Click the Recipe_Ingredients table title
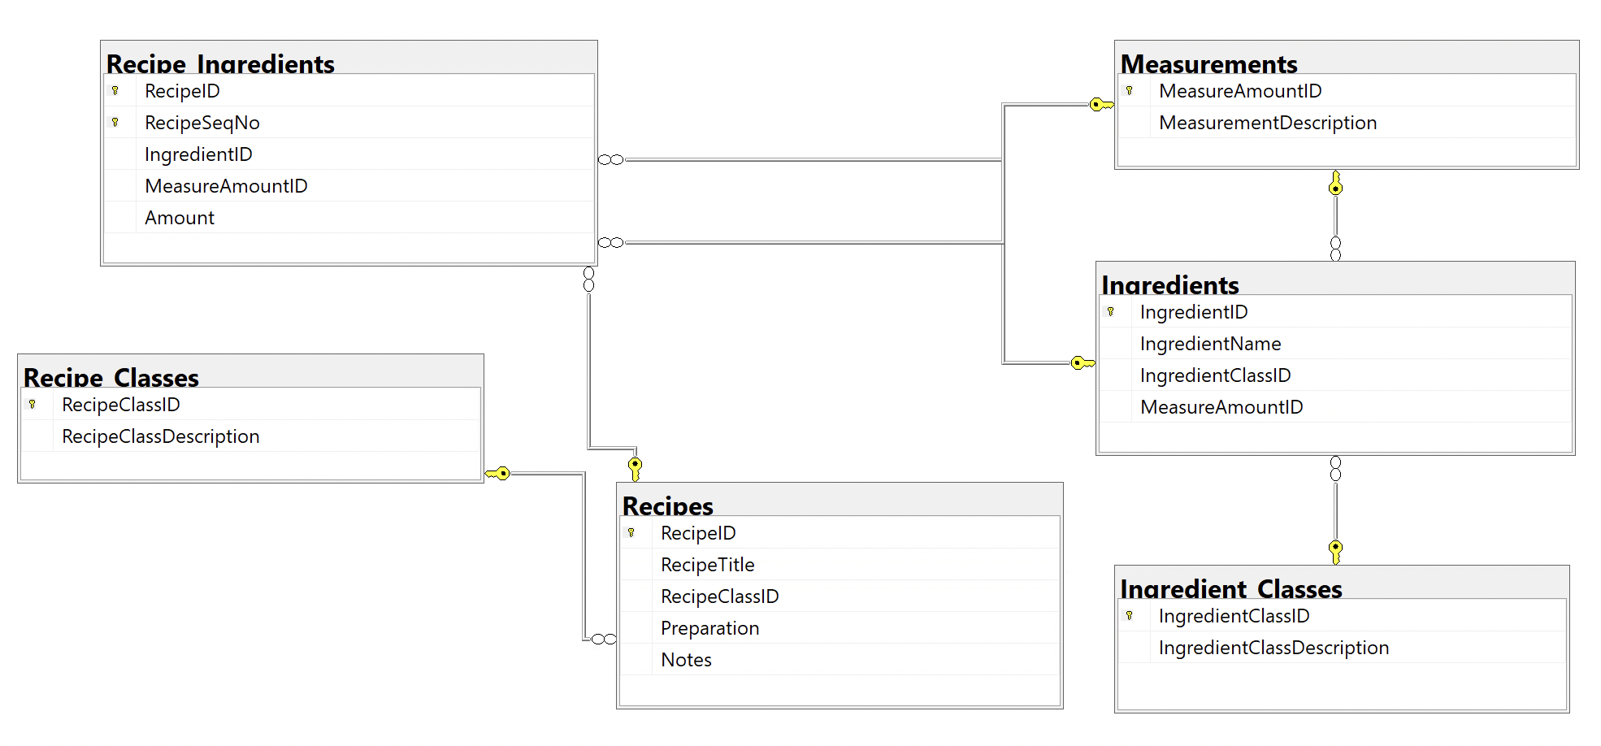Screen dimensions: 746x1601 [x=220, y=63]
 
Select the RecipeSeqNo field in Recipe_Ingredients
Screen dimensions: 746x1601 [x=202, y=123]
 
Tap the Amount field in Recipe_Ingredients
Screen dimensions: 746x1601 [x=179, y=218]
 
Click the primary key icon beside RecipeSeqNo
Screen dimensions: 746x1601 [x=115, y=123]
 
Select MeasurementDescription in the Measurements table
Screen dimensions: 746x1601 [x=1267, y=123]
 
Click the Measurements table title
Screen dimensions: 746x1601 [x=1208, y=63]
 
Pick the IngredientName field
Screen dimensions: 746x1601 [x=1210, y=344]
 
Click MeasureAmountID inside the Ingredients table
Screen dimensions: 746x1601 [x=1221, y=407]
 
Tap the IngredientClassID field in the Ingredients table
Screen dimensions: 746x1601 [x=1215, y=375]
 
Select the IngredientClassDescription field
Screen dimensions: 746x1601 [x=1273, y=648]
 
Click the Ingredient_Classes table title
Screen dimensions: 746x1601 [x=1230, y=588]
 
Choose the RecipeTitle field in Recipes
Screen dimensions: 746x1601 [x=707, y=565]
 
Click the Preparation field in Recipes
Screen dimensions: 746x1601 [x=709, y=628]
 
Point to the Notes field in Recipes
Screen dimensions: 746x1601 [x=686, y=660]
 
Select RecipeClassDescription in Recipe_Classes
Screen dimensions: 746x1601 [x=160, y=436]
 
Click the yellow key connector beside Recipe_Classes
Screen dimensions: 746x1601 [x=497, y=473]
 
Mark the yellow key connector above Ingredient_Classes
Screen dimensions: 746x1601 [x=1335, y=550]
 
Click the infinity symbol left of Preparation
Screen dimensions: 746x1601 [x=603, y=639]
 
